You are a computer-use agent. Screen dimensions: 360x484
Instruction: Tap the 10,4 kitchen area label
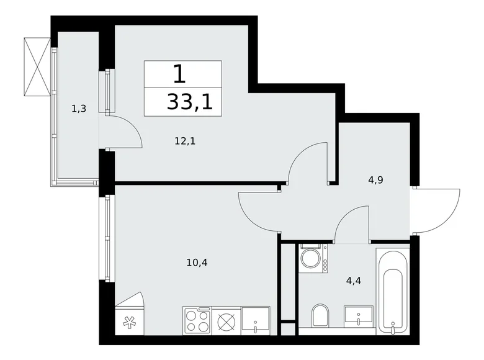[197, 263]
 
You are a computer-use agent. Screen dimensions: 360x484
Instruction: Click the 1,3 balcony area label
[78, 109]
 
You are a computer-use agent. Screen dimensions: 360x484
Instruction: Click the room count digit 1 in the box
[179, 74]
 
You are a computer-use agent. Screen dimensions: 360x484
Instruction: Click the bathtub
[392, 289]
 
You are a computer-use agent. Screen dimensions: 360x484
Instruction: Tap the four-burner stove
[197, 321]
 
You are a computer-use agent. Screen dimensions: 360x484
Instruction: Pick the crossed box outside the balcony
[37, 67]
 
